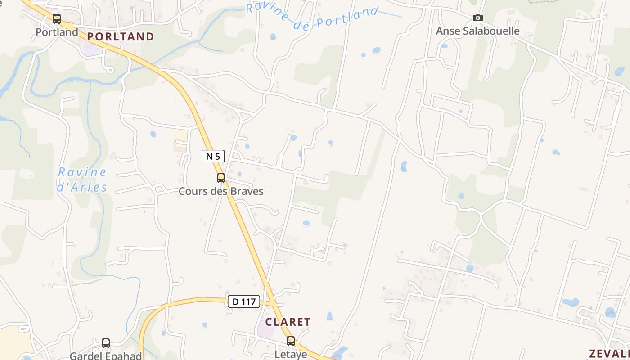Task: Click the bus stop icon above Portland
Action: click(57, 19)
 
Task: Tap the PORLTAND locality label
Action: click(121, 37)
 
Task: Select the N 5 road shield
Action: click(213, 156)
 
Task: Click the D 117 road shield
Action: click(244, 301)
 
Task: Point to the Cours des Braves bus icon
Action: click(221, 178)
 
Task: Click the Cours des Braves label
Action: click(221, 191)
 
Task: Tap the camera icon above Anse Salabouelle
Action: click(478, 18)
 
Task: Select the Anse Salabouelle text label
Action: click(478, 31)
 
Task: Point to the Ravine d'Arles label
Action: click(82, 180)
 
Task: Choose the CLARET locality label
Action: click(288, 322)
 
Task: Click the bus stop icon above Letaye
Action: click(291, 341)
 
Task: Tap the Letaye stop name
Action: click(291, 354)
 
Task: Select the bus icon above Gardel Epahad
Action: click(106, 343)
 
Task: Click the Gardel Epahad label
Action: click(106, 355)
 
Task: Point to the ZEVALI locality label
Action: click(610, 353)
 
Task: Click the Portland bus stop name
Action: click(57, 32)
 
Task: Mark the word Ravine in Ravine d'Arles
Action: click(82, 172)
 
